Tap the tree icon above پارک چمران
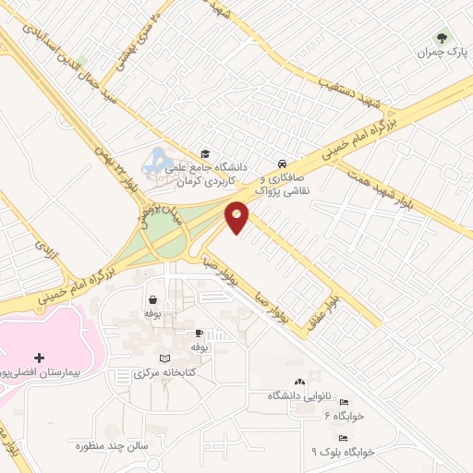point(441,39)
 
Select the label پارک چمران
point(438,54)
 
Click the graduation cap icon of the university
point(205,153)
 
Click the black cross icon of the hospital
point(38,357)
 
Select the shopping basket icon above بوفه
point(152,300)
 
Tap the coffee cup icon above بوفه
point(199,333)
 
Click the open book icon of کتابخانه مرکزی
point(165,358)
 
